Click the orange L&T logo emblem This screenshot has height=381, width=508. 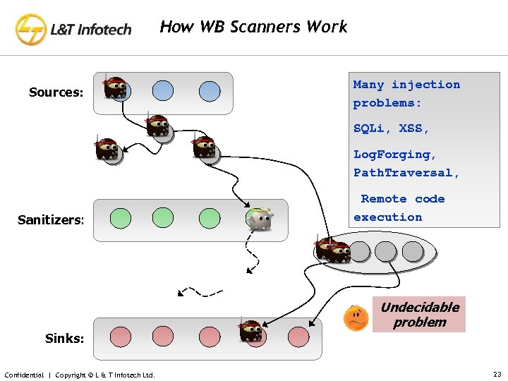click(31, 29)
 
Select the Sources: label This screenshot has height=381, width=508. click(56, 92)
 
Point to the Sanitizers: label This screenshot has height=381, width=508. click(51, 221)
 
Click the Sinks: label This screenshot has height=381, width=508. click(64, 338)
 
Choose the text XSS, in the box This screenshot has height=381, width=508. click(414, 128)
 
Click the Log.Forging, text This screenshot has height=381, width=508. click(395, 154)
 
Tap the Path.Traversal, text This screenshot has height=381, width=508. click(406, 172)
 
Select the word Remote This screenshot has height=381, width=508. click(384, 199)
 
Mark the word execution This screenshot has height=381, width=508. click(387, 217)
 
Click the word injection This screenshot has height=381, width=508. click(425, 85)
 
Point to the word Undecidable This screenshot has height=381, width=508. click(420, 307)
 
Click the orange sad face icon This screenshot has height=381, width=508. click(356, 318)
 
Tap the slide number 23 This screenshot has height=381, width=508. click(496, 374)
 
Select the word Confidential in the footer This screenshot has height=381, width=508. click(24, 375)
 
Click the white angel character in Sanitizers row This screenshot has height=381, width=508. click(260, 219)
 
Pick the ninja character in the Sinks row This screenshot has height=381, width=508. click(250, 330)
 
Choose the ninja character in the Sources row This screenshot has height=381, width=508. click(115, 88)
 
